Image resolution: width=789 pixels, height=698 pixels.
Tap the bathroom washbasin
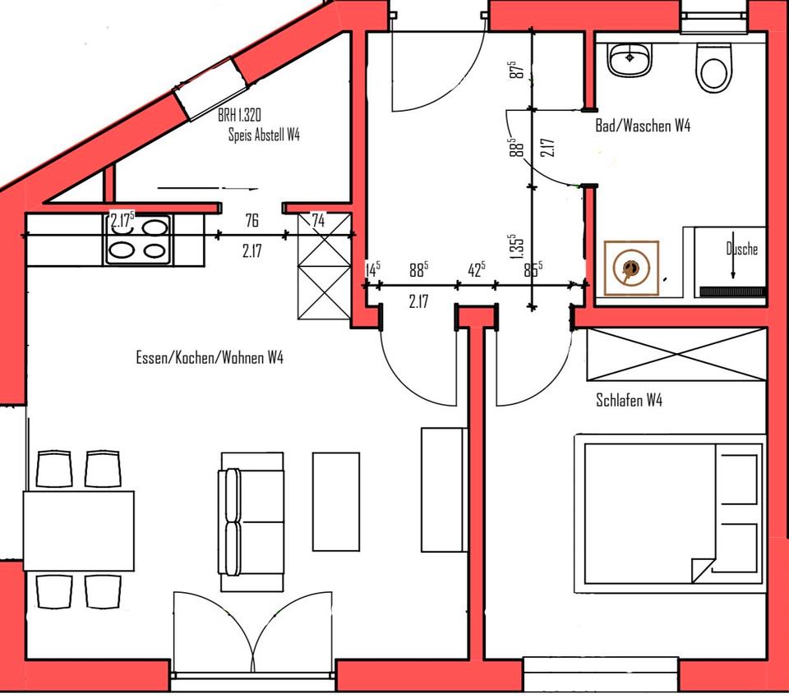tap(630, 59)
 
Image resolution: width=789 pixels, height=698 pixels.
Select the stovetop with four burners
tap(137, 239)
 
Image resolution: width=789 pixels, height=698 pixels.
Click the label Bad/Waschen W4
tap(642, 126)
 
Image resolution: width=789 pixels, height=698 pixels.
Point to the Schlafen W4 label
tap(629, 401)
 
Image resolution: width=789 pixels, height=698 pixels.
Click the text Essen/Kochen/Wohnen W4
tap(210, 358)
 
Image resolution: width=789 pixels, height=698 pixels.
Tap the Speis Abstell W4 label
tap(264, 135)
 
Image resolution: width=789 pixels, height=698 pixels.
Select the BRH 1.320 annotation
tap(240, 116)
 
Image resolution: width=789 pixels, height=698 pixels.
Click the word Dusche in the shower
tap(741, 249)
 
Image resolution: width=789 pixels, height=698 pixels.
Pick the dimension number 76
tap(251, 220)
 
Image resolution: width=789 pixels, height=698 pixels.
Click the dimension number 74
tap(318, 220)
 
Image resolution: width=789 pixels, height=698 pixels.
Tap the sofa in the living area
tap(251, 521)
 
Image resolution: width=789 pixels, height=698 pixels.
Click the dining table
tap(79, 530)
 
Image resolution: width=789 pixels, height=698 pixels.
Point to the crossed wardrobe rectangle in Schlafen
tap(675, 355)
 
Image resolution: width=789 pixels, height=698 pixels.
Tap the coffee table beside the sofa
tap(336, 501)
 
